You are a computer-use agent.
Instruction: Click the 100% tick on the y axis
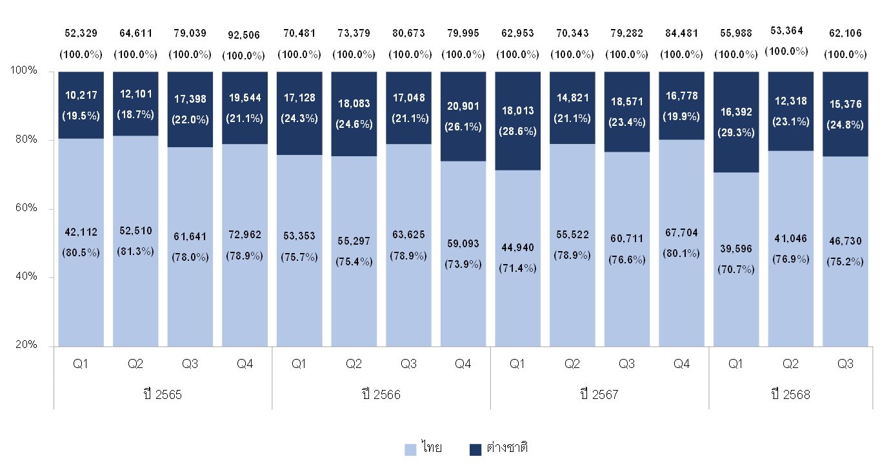25,71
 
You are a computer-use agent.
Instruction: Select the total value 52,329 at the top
81,32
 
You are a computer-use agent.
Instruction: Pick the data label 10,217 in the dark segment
81,95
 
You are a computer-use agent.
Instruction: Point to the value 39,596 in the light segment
735,249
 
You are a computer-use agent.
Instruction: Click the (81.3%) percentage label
135,251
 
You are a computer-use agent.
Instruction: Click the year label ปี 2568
790,394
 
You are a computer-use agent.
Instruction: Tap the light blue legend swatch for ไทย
410,449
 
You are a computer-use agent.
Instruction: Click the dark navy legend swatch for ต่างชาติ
475,449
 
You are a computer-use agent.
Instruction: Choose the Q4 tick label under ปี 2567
681,364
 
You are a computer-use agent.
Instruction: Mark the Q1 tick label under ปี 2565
81,364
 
